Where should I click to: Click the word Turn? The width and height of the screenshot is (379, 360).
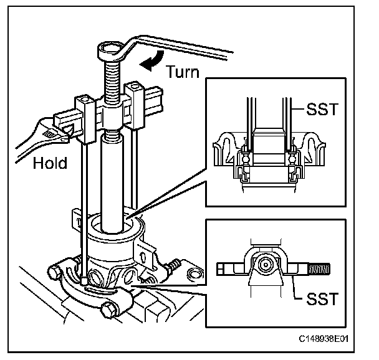[183, 72]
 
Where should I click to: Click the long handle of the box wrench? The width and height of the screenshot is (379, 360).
[187, 46]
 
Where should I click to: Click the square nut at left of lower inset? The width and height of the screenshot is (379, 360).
[224, 269]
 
